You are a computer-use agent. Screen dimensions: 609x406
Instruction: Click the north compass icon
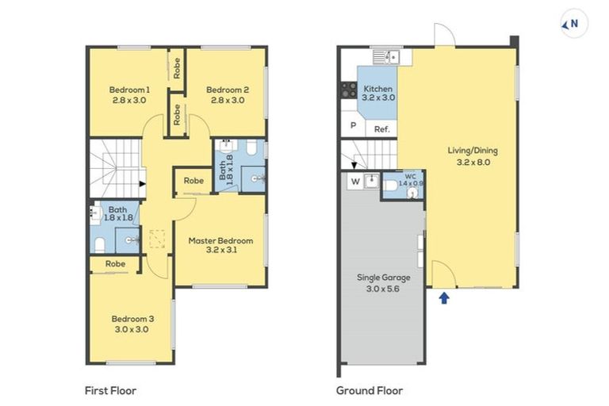(x=573, y=24)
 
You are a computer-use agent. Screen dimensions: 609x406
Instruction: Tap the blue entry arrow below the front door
(x=444, y=298)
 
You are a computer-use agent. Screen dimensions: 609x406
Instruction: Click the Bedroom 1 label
(x=129, y=90)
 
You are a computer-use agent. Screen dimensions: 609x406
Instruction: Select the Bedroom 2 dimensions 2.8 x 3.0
(x=228, y=100)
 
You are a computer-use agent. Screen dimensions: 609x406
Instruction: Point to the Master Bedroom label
(x=220, y=241)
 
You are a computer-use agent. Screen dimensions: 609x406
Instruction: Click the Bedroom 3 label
(x=132, y=319)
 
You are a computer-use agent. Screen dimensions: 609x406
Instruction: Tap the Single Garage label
(x=383, y=278)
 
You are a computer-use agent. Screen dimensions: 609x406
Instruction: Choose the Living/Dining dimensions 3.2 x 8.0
(x=473, y=163)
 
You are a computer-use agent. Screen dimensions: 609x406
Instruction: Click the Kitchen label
(x=378, y=89)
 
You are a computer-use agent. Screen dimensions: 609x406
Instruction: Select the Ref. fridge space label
(x=381, y=130)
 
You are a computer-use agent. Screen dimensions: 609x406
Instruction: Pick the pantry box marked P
(x=353, y=124)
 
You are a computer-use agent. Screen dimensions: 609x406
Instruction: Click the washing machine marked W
(x=355, y=182)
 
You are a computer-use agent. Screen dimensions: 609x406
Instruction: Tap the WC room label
(x=410, y=176)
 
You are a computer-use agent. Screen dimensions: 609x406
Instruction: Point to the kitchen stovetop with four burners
(x=349, y=90)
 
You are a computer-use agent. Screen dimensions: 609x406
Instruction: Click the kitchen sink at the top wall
(x=386, y=57)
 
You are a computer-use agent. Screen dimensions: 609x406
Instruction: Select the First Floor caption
(x=111, y=390)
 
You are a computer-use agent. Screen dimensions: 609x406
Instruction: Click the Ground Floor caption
(x=370, y=390)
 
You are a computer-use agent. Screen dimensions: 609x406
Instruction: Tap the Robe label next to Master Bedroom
(x=193, y=181)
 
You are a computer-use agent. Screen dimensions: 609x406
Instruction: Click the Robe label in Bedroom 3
(x=115, y=264)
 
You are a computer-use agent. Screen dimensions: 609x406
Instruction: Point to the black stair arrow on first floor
(x=143, y=184)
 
